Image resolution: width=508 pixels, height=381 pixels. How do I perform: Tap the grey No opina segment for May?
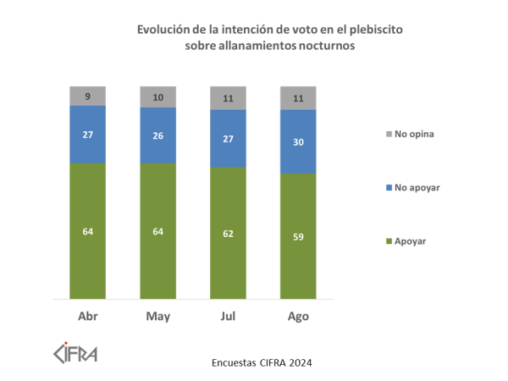[158, 97]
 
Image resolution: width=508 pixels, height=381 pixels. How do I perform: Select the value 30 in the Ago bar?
[299, 142]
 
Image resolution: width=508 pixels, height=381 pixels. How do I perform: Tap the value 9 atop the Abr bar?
[88, 96]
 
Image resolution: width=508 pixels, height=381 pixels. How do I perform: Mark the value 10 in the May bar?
[158, 97]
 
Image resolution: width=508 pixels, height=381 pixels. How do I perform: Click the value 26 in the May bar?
[158, 135]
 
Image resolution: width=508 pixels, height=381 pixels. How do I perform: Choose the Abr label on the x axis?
[88, 317]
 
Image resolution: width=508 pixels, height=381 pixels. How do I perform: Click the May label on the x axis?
[158, 317]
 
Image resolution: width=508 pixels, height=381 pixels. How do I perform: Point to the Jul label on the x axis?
[229, 317]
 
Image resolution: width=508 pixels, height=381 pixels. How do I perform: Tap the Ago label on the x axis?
[299, 317]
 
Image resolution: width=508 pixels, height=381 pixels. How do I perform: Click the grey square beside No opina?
[389, 134]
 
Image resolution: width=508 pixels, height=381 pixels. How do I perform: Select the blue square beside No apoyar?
[389, 187]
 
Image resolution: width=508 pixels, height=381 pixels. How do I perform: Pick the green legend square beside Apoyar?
[389, 241]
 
